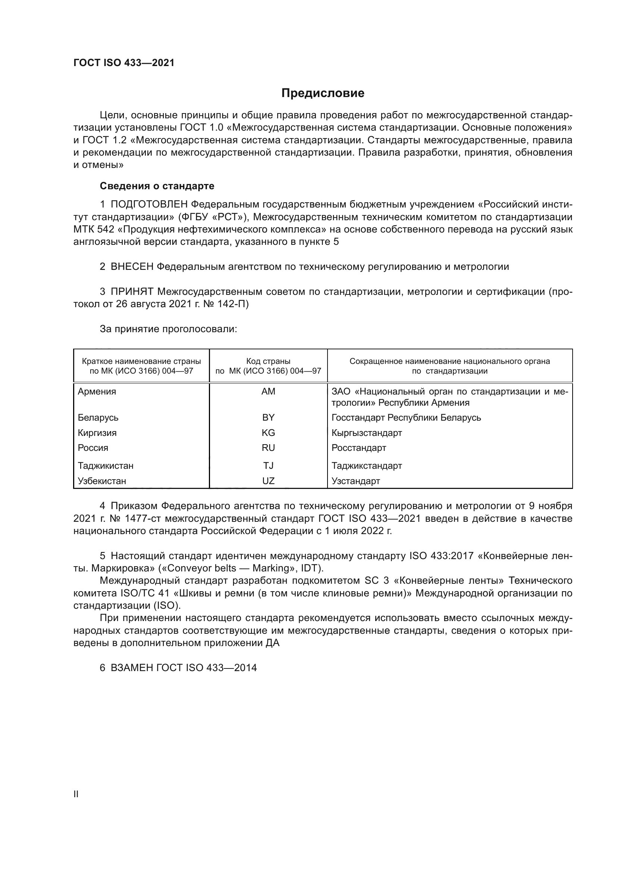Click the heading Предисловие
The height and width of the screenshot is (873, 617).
pyautogui.click(x=323, y=93)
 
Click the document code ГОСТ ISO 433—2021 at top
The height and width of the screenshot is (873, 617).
pyautogui.click(x=124, y=63)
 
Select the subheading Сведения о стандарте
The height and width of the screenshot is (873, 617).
pyautogui.click(x=157, y=186)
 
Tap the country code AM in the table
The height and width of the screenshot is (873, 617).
pyautogui.click(x=268, y=391)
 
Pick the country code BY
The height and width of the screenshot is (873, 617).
pyautogui.click(x=268, y=418)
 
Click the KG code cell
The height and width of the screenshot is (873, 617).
pyautogui.click(x=268, y=433)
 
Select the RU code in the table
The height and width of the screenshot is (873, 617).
pyautogui.click(x=268, y=448)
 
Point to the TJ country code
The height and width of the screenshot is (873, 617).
pyautogui.click(x=268, y=465)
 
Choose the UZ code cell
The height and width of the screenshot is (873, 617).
pyautogui.click(x=268, y=481)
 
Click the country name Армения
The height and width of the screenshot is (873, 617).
pyautogui.click(x=97, y=391)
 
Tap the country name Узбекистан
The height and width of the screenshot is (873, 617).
pyautogui.click(x=102, y=481)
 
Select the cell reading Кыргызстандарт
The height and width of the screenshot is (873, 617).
pyautogui.click(x=367, y=433)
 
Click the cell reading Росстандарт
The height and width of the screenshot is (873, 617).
pyautogui.click(x=358, y=448)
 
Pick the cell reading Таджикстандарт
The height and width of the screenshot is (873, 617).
pyautogui.click(x=367, y=465)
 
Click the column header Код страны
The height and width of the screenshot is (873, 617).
pyautogui.click(x=268, y=361)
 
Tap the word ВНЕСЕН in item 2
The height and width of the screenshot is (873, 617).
pyautogui.click(x=132, y=266)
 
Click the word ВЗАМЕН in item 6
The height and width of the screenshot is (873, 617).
pyautogui.click(x=132, y=668)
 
